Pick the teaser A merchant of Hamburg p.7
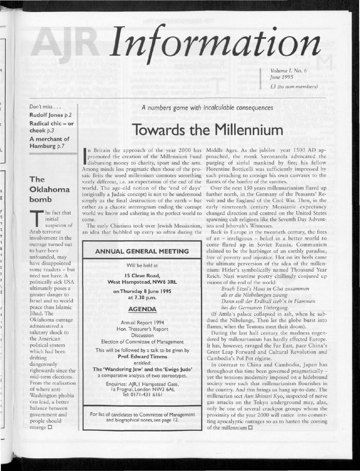(x=49, y=142)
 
